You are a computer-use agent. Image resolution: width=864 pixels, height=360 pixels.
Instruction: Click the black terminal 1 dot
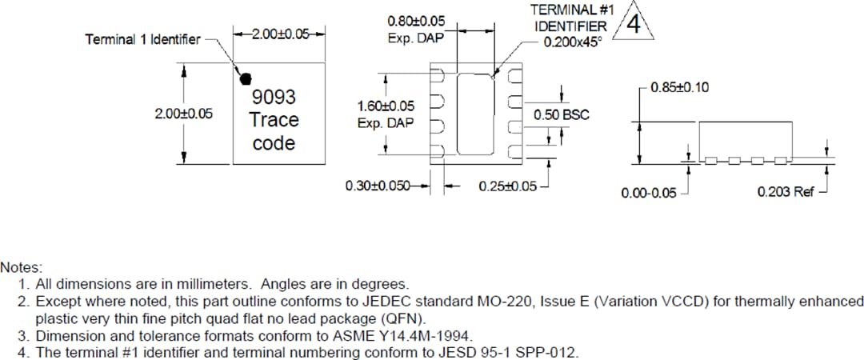246,78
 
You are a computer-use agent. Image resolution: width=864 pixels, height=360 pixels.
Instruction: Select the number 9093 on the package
274,98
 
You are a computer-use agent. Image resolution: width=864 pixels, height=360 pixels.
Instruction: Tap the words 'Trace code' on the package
274,132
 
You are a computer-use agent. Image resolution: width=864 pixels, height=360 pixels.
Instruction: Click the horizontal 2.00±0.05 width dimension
279,34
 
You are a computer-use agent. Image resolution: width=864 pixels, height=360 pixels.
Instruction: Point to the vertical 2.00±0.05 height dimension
184,114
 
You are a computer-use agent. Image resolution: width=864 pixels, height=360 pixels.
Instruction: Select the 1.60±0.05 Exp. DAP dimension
386,114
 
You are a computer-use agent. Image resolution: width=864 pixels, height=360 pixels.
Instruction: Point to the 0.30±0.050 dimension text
378,186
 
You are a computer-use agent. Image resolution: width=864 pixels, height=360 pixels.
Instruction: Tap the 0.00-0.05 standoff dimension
648,193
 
